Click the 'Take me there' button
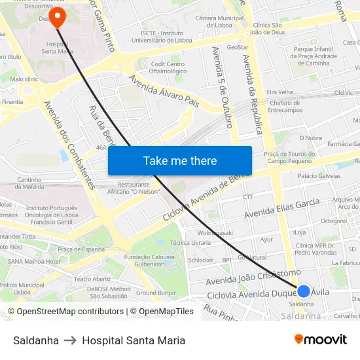coord(180,160)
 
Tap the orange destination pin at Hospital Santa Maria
coord(57,16)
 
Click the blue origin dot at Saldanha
coord(304,291)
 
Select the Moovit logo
coord(321,339)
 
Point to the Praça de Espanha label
coord(82,249)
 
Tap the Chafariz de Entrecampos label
coord(284,106)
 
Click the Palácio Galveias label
coord(319,176)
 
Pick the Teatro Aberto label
coord(92,279)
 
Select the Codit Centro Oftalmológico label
coord(169,67)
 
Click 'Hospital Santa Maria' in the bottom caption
coord(134,340)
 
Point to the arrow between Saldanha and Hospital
coord(70,340)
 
